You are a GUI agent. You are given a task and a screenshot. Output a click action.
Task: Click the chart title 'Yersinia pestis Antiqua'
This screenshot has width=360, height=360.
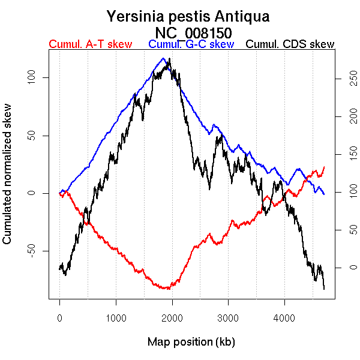(x=188, y=16)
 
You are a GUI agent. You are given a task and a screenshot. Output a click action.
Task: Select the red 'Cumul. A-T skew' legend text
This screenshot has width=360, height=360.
(x=91, y=44)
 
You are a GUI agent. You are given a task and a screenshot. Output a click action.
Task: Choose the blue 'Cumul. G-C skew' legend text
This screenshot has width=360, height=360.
(x=191, y=44)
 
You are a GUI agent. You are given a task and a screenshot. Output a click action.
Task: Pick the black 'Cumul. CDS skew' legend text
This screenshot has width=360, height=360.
(x=290, y=44)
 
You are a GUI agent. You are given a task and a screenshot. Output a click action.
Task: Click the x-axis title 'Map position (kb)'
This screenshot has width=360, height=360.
(x=191, y=342)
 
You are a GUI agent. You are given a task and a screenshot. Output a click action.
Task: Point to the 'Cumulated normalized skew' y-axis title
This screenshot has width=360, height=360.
(x=8, y=181)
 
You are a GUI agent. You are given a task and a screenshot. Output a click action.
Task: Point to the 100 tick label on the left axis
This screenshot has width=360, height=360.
(x=33, y=78)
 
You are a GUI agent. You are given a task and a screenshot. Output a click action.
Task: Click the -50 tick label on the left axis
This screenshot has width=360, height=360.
(x=33, y=251)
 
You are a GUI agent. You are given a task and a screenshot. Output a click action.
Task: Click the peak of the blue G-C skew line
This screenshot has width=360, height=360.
(x=163, y=59)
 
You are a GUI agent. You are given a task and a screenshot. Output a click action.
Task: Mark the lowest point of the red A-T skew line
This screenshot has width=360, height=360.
(x=168, y=289)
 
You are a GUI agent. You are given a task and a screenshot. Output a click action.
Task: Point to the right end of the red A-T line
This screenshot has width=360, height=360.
(x=324, y=167)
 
